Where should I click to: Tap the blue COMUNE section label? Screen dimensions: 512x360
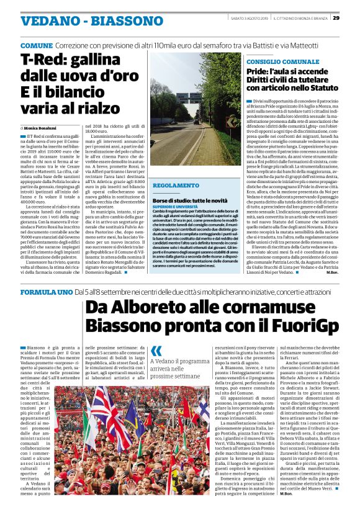[x=36, y=47]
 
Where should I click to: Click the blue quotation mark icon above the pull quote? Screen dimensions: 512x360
[x=156, y=351]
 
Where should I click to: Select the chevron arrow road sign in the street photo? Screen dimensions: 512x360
[x=231, y=122]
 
